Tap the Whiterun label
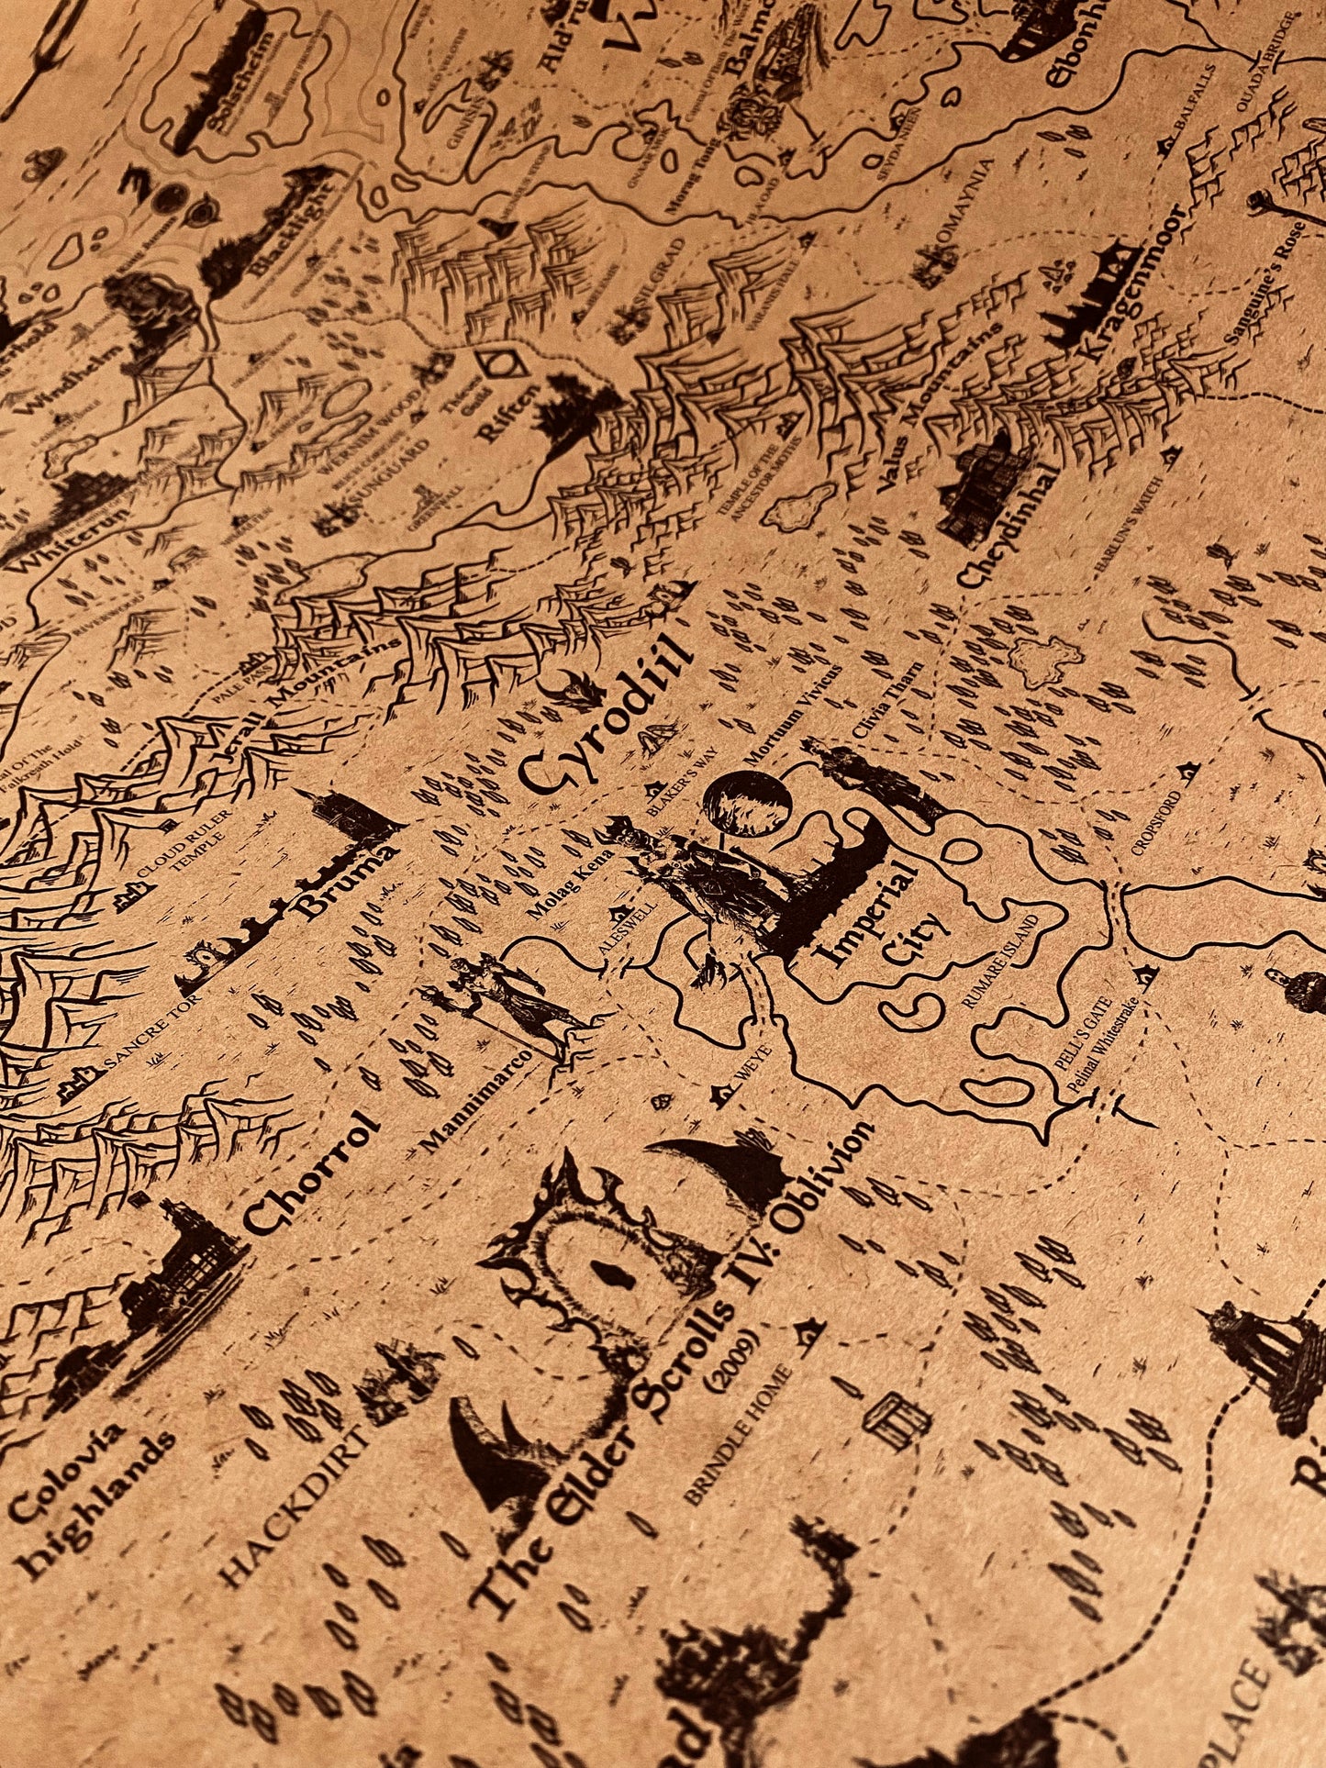tap(54, 532)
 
